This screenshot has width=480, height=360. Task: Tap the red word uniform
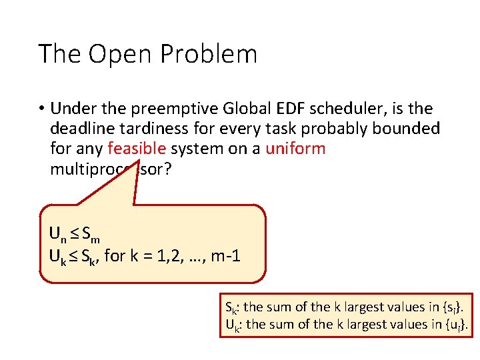(x=295, y=149)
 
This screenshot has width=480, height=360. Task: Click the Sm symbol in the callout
(x=93, y=234)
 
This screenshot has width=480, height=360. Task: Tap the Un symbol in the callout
(x=57, y=234)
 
